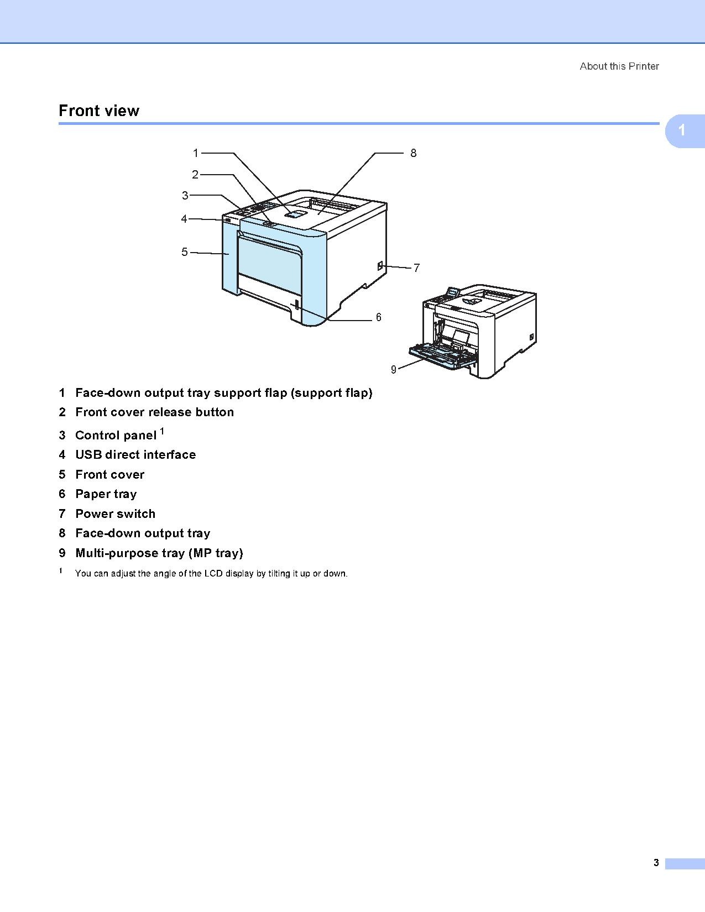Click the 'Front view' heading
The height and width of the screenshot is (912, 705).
click(99, 111)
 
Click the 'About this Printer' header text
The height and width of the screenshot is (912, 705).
click(619, 66)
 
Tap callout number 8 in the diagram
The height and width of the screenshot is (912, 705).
click(413, 153)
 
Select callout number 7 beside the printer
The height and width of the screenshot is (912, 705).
click(416, 268)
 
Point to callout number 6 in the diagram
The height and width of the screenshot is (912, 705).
click(378, 317)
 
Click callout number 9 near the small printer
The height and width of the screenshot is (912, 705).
click(393, 370)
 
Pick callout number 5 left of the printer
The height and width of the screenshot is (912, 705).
click(185, 252)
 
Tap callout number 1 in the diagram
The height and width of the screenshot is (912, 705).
click(195, 153)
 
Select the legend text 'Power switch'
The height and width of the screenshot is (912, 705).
click(115, 514)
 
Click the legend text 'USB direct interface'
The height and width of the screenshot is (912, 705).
click(135, 455)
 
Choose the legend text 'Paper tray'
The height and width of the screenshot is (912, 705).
click(106, 494)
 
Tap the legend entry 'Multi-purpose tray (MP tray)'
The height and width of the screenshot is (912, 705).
click(159, 553)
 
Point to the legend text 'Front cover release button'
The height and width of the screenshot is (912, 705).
click(154, 412)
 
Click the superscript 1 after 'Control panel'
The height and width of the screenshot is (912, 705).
click(162, 431)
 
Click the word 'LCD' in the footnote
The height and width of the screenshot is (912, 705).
click(213, 574)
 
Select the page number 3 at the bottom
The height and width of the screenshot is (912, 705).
click(656, 863)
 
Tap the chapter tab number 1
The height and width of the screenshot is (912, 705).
click(682, 130)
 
